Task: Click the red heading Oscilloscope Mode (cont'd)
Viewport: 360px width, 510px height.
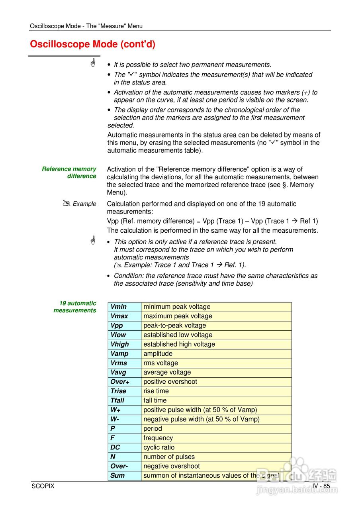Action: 92,44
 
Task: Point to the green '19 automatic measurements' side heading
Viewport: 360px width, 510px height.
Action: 75,307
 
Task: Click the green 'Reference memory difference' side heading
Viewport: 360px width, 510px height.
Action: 69,173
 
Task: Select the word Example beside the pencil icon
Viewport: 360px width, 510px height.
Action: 84,204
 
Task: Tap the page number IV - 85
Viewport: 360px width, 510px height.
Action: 321,486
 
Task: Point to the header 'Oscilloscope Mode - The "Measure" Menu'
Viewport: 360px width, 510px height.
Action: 86,26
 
